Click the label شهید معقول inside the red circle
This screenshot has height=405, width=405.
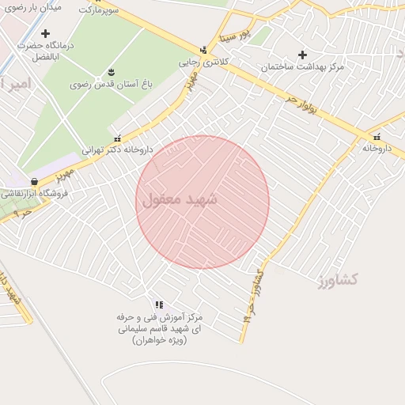[x=180, y=200]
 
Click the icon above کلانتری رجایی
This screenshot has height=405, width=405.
[x=204, y=51]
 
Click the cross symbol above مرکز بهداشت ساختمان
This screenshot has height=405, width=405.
[x=301, y=55]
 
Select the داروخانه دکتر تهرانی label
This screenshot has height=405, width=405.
[x=117, y=149]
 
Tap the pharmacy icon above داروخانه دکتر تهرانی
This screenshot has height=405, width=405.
[x=118, y=138]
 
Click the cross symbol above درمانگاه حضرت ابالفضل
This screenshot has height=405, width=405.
[x=45, y=33]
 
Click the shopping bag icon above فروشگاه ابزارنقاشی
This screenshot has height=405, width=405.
[x=33, y=182]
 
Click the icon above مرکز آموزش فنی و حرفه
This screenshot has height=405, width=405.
[x=159, y=305]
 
